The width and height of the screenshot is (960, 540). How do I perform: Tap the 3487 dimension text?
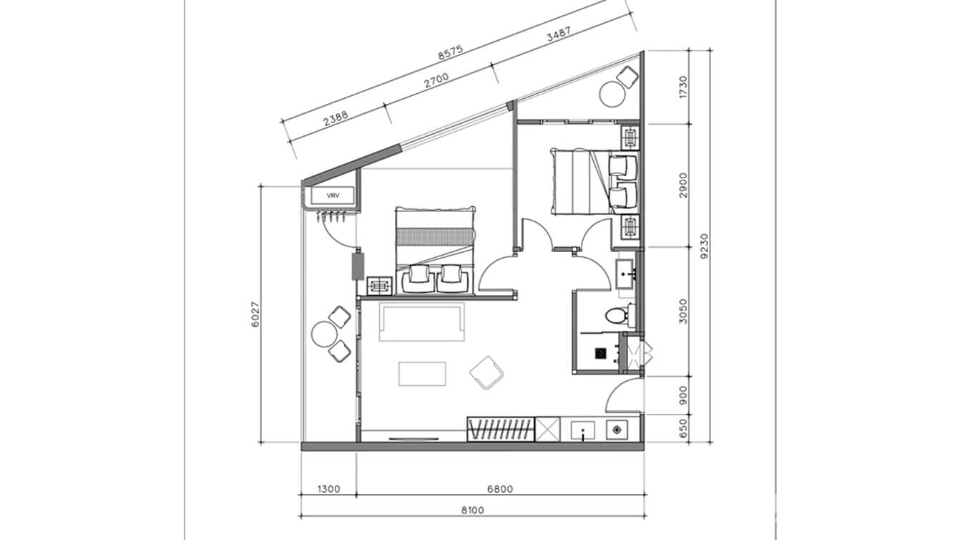pyautogui.click(x=559, y=37)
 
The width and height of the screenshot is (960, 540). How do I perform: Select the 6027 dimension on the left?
pyautogui.click(x=255, y=313)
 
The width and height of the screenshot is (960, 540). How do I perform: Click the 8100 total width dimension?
pyautogui.click(x=473, y=510)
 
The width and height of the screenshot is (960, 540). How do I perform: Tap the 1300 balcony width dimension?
pyautogui.click(x=328, y=489)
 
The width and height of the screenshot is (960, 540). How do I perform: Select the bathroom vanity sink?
pyautogui.click(x=626, y=274)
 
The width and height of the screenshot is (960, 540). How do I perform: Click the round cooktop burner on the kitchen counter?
pyautogui.click(x=616, y=430)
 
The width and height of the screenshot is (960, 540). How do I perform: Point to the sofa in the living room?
pyautogui.click(x=422, y=322)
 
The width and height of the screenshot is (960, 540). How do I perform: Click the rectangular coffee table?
pyautogui.click(x=422, y=373)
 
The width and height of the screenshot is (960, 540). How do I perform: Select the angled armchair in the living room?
pyautogui.click(x=487, y=372)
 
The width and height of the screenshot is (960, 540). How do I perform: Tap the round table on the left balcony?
pyautogui.click(x=323, y=334)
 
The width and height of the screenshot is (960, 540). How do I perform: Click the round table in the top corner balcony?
pyautogui.click(x=612, y=95)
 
